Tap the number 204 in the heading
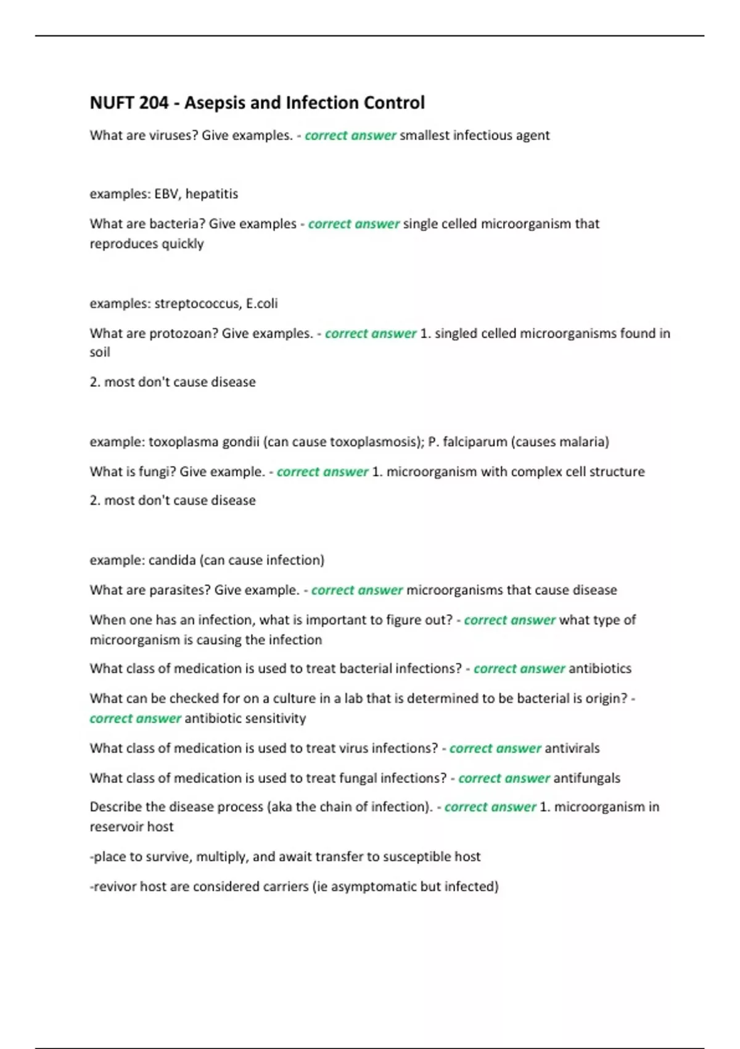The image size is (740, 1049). point(154,102)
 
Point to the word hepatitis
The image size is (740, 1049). point(212,194)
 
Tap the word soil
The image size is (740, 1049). point(100,352)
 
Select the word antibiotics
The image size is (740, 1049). point(600,669)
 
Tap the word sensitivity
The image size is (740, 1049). point(276,718)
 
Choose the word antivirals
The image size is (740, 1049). point(572,748)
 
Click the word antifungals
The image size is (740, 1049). point(587,778)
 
